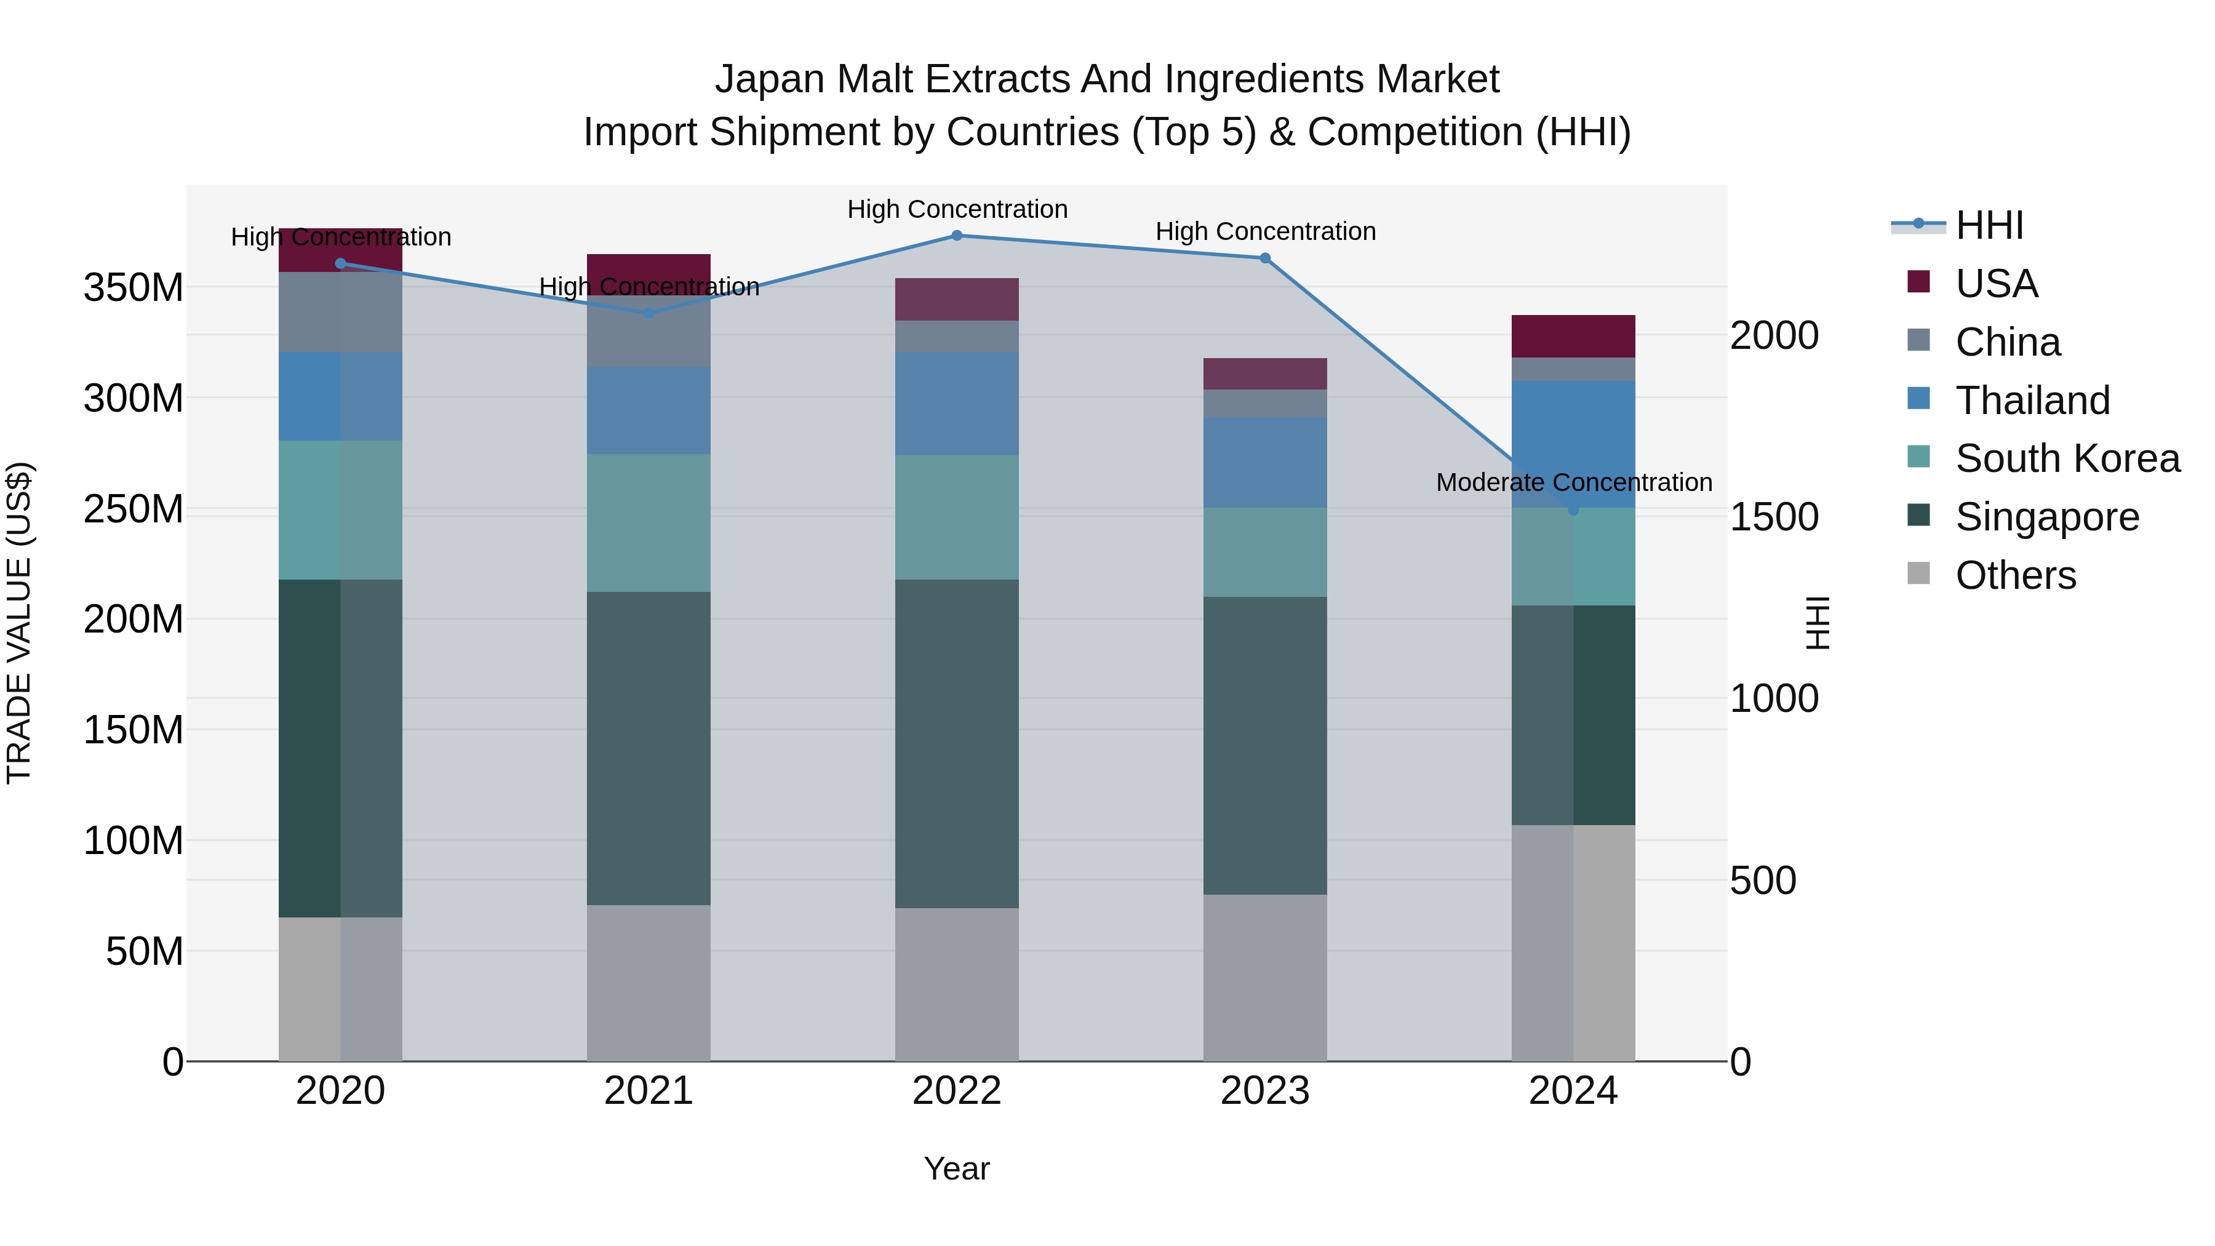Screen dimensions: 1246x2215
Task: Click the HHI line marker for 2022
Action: pyautogui.click(x=957, y=236)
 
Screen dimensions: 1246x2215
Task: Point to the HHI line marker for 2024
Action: pyautogui.click(x=1573, y=510)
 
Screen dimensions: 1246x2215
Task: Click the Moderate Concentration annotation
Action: pyautogui.click(x=1573, y=482)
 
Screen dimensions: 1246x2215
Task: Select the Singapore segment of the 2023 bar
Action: pyautogui.click(x=1265, y=746)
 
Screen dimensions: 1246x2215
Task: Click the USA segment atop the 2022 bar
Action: pyautogui.click(x=957, y=299)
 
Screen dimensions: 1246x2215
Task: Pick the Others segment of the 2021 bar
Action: pyautogui.click(x=649, y=983)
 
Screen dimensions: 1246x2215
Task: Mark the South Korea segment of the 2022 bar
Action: pyautogui.click(x=957, y=517)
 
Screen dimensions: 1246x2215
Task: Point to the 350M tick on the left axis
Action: pyautogui.click(x=134, y=287)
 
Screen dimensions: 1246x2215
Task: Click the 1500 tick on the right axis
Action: pyautogui.click(x=1774, y=517)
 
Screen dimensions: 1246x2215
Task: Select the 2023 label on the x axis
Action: pyautogui.click(x=1265, y=1091)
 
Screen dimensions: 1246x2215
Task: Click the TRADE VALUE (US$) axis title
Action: pyautogui.click(x=19, y=623)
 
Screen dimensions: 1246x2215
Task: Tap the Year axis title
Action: pyautogui.click(x=956, y=1168)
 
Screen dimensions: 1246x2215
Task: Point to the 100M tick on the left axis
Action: pyautogui.click(x=134, y=840)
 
